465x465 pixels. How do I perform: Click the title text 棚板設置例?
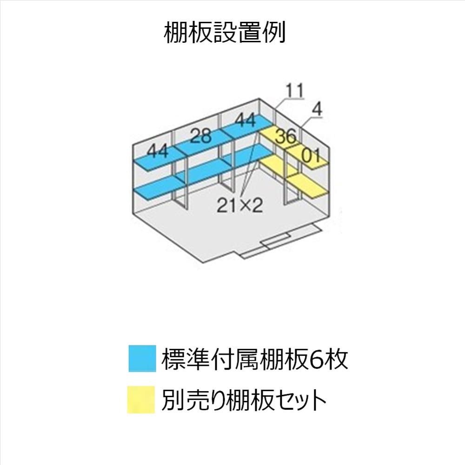tap(225, 33)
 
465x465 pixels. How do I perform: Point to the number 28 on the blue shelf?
tap(200, 136)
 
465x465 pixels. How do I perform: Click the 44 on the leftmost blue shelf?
tap(157, 151)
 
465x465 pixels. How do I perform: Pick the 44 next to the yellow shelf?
tap(245, 120)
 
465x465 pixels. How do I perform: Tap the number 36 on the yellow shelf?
tap(285, 137)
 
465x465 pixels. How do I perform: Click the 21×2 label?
tap(240, 205)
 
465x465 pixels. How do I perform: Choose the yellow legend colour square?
tap(141, 400)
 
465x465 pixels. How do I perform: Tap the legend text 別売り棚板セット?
tap(244, 400)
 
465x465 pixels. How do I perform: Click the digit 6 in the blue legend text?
tap(317, 359)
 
